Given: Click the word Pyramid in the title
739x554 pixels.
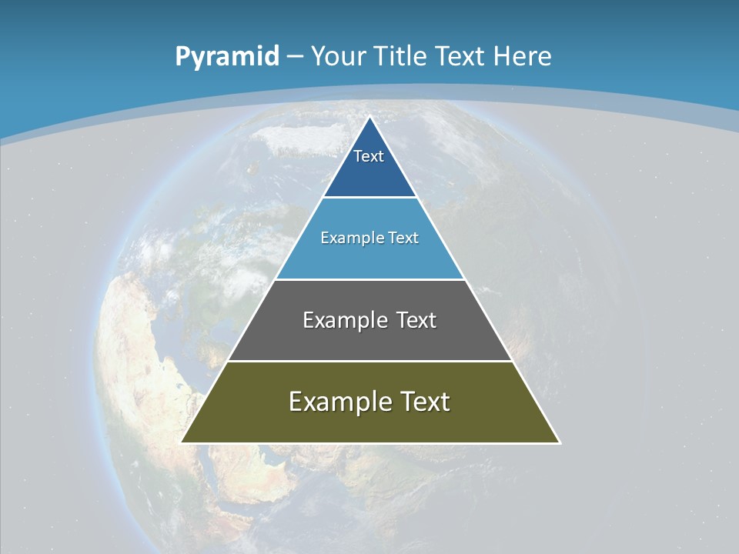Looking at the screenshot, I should coord(227,57).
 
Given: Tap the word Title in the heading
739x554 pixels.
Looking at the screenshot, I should coord(400,56).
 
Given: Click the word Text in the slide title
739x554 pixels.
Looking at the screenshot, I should coord(460,56).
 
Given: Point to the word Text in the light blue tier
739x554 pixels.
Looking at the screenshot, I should coord(404,238).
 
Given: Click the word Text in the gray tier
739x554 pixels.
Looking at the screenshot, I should coord(416,320).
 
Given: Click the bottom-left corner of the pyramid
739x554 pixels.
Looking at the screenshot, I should coord(182,442).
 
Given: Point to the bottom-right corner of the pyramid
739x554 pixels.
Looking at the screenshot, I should coord(560,442).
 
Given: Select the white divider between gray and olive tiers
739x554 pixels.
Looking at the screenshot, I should coord(369,361).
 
